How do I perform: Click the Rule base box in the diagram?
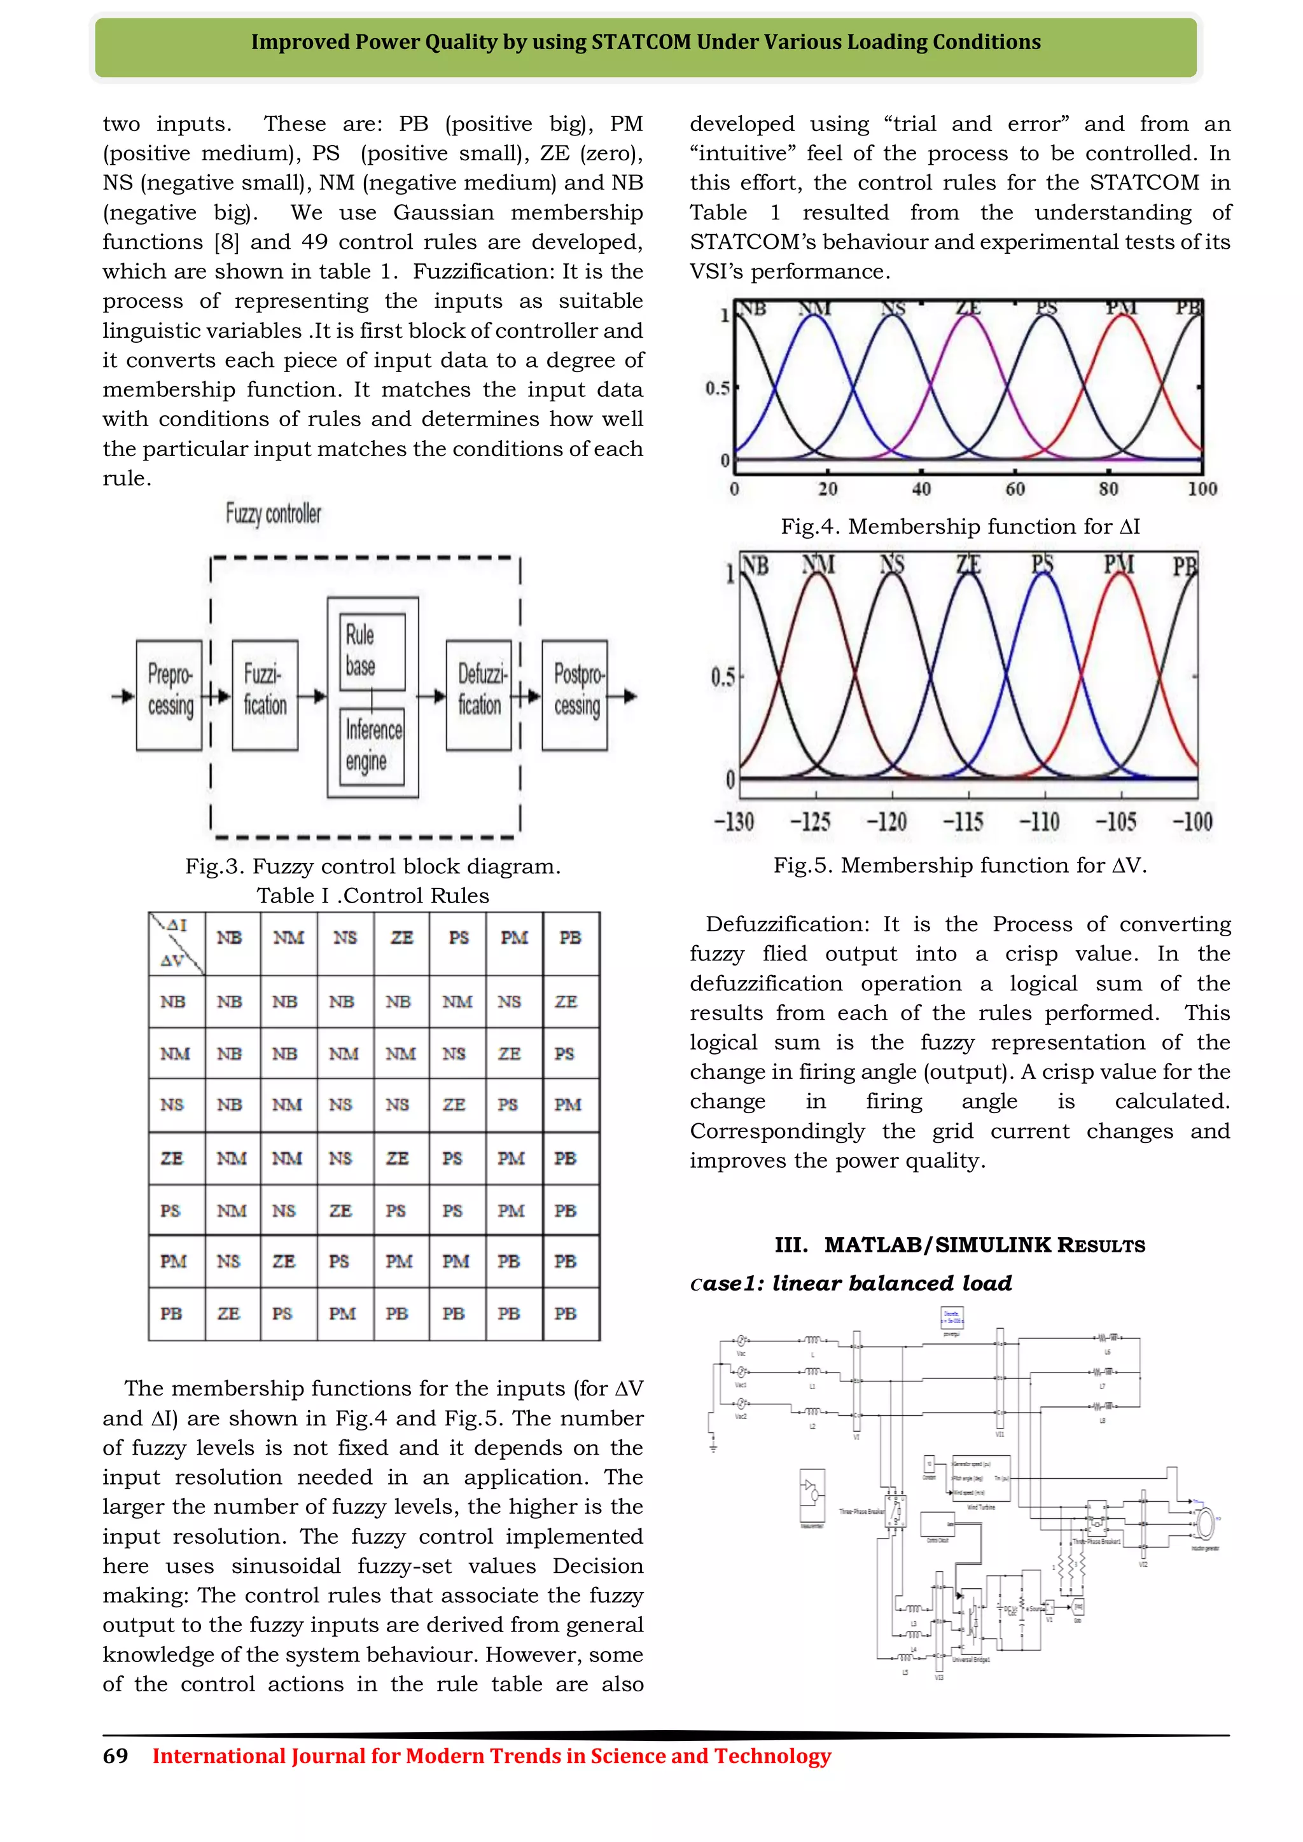(372, 651)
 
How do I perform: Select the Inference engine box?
(372, 746)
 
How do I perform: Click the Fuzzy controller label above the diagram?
(273, 513)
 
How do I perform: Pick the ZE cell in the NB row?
(566, 1001)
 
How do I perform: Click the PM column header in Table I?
(514, 937)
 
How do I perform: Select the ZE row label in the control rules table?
(172, 1158)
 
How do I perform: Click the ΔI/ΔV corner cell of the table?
(176, 943)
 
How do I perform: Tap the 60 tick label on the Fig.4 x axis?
(1015, 488)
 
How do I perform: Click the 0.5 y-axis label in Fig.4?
(717, 388)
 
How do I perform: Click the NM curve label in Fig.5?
(818, 565)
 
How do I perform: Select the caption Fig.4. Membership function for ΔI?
(959, 526)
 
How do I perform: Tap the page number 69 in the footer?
(116, 1755)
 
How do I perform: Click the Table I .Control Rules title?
(373, 896)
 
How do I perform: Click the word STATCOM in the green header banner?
(640, 42)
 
